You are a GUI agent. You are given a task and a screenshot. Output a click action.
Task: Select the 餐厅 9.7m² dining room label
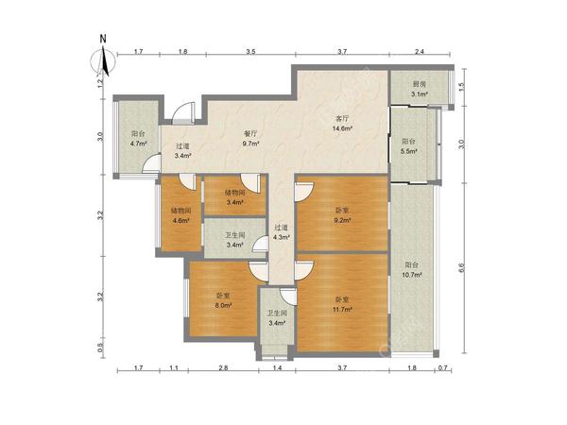pyautogui.click(x=251, y=139)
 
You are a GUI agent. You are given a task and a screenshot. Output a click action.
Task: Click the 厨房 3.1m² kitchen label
pyautogui.click(x=420, y=90)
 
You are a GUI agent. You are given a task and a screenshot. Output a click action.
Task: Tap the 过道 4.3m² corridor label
pyautogui.click(x=282, y=232)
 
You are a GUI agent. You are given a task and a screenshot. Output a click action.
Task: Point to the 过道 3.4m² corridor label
pyautogui.click(x=182, y=151)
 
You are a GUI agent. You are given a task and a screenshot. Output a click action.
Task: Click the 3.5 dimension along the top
pyautogui.click(x=251, y=51)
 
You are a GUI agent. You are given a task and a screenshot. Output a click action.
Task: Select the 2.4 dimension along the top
pyautogui.click(x=419, y=51)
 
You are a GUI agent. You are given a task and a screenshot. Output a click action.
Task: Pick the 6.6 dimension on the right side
pyautogui.click(x=461, y=268)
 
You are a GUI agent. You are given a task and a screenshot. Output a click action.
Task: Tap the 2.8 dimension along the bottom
pyautogui.click(x=223, y=368)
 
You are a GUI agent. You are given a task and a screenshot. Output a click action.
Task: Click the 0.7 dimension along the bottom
pyautogui.click(x=443, y=368)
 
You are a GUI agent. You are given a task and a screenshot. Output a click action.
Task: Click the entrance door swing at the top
pyautogui.click(x=183, y=112)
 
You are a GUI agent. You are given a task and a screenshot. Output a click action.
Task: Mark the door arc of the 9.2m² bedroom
pyautogui.click(x=305, y=192)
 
